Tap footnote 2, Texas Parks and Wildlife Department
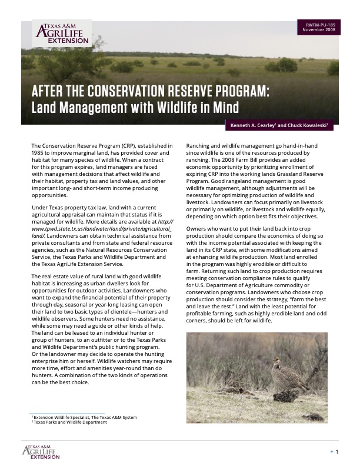pos(71,422)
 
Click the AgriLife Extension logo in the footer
pos(41,452)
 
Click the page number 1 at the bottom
pos(337,452)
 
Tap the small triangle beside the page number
pos(330,452)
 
